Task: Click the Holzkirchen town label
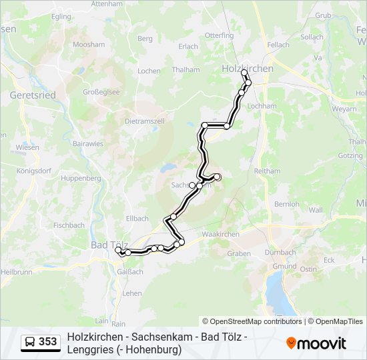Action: tap(246, 68)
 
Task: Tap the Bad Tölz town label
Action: tap(104, 245)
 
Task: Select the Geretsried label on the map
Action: tap(33, 95)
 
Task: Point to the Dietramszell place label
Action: tap(144, 121)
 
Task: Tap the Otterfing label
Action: tap(219, 35)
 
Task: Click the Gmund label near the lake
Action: tap(285, 266)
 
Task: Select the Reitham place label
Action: tap(267, 171)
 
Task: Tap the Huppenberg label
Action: tap(81, 178)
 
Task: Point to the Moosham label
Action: tap(89, 45)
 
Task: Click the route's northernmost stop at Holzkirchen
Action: tap(244, 72)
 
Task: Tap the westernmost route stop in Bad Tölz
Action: tap(118, 251)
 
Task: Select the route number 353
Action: tap(48, 342)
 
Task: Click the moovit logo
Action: tap(316, 343)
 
